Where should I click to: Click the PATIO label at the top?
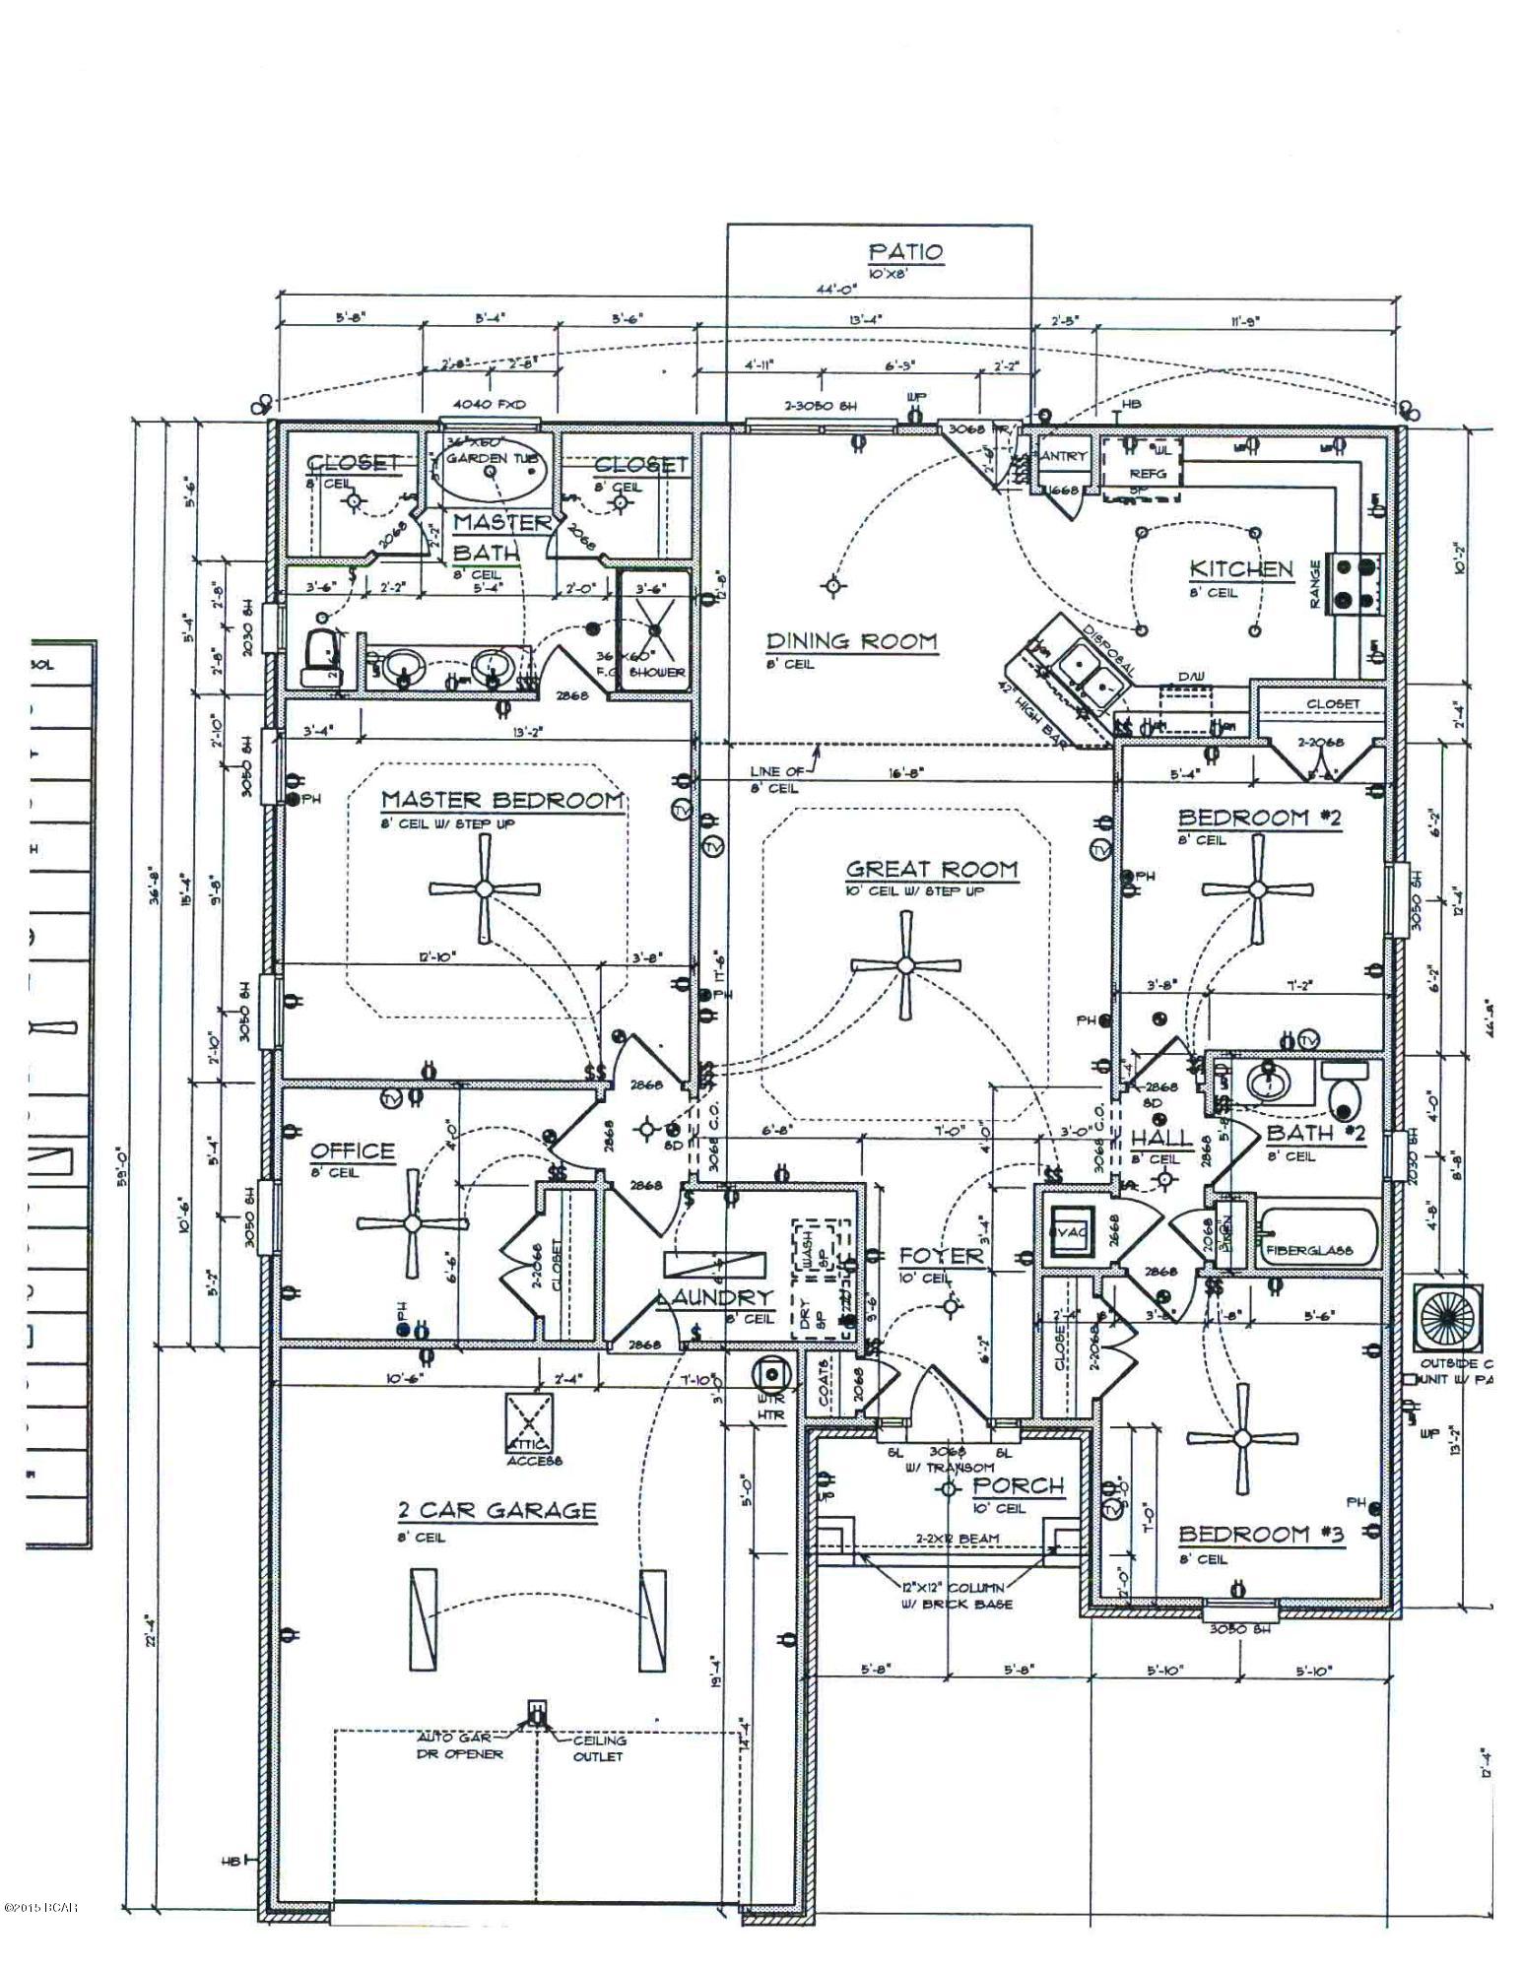tap(905, 252)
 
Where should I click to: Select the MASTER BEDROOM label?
tap(502, 800)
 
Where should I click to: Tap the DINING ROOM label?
tap(852, 641)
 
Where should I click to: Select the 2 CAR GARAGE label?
tap(496, 1510)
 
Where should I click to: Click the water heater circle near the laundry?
tap(771, 1375)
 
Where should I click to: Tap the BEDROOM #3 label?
tap(1261, 1534)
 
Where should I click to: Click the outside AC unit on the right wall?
tap(1448, 1318)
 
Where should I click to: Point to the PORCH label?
tap(1019, 1485)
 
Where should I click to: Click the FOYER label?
tap(941, 1256)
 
